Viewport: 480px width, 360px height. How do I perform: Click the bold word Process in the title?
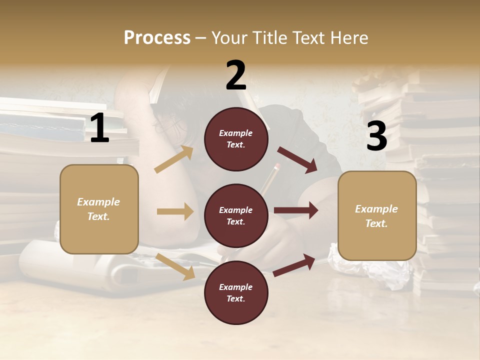pyautogui.click(x=157, y=38)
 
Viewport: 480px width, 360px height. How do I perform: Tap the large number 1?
pyautogui.click(x=99, y=129)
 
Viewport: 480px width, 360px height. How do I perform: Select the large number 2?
pyautogui.click(x=236, y=76)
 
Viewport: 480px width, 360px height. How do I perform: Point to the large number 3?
pyautogui.click(x=376, y=136)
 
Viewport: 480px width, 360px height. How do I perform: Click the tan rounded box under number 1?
pyautogui.click(x=99, y=209)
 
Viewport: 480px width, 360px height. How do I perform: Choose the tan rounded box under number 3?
pyautogui.click(x=377, y=215)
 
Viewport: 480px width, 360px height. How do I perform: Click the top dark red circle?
pyautogui.click(x=236, y=139)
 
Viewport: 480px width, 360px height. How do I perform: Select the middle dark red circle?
pyautogui.click(x=236, y=215)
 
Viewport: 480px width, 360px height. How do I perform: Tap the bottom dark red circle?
pyautogui.click(x=236, y=292)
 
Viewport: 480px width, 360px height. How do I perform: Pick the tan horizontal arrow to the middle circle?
pyautogui.click(x=174, y=211)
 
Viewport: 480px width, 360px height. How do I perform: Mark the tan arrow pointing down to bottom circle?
pyautogui.click(x=175, y=266)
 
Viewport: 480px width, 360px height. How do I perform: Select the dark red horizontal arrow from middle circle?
pyautogui.click(x=295, y=210)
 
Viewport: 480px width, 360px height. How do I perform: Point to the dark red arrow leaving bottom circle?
pyautogui.click(x=294, y=265)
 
